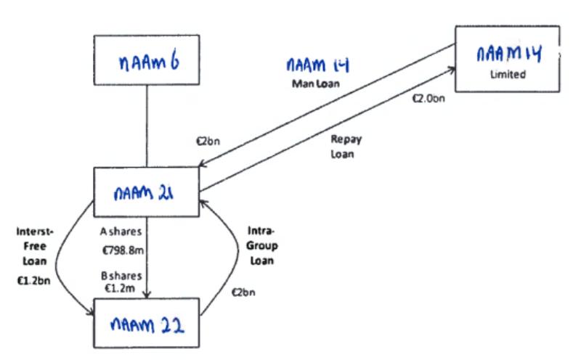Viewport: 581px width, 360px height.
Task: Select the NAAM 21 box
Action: (x=147, y=192)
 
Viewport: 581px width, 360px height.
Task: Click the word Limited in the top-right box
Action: (x=508, y=74)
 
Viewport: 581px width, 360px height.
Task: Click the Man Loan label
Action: (x=316, y=84)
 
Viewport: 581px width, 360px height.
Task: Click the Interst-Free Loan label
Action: (x=33, y=245)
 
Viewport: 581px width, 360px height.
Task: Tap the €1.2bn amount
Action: (x=32, y=279)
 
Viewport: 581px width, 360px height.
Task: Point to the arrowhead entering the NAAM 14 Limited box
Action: (x=452, y=70)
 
